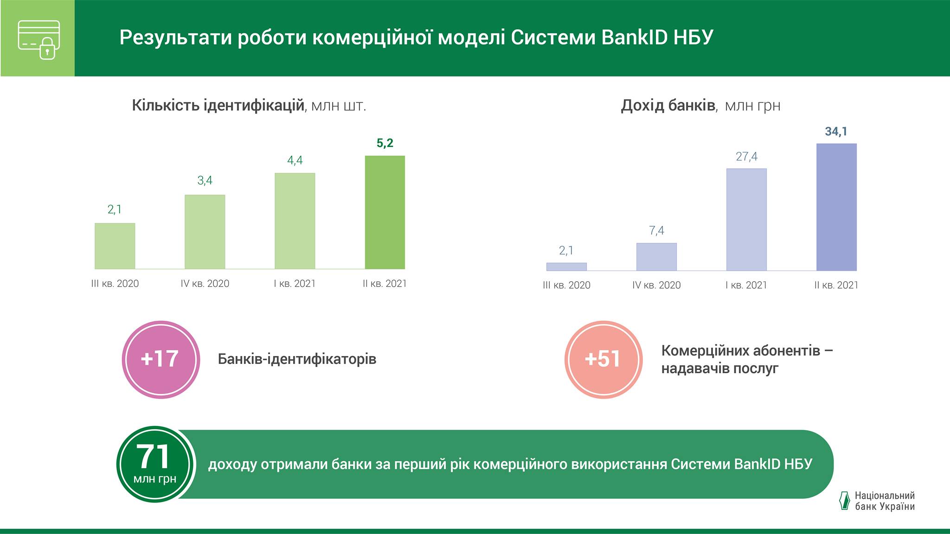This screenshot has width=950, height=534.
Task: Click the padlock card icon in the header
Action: tap(39, 40)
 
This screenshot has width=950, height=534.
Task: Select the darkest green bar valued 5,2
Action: tap(385, 212)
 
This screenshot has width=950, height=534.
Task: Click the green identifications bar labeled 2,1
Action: tap(115, 246)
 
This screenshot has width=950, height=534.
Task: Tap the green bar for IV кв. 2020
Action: tap(205, 232)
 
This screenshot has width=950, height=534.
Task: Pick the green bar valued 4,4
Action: tap(295, 221)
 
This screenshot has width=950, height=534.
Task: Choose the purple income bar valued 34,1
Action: tap(836, 207)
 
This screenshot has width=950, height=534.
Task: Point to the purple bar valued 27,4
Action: tap(746, 220)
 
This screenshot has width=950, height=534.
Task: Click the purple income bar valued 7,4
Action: tap(656, 257)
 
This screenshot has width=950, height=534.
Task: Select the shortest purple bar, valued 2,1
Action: tap(566, 267)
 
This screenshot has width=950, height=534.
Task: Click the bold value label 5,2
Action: tap(385, 143)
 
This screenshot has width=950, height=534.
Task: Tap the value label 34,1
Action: tap(836, 132)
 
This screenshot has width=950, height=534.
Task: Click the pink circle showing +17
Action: tap(160, 360)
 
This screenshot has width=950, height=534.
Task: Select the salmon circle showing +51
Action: tap(603, 360)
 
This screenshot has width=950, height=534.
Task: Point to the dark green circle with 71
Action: tap(155, 464)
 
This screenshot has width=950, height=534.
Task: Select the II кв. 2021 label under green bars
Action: tap(385, 284)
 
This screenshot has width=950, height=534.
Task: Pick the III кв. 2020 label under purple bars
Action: tap(566, 285)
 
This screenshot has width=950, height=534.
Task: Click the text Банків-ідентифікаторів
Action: tap(297, 359)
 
